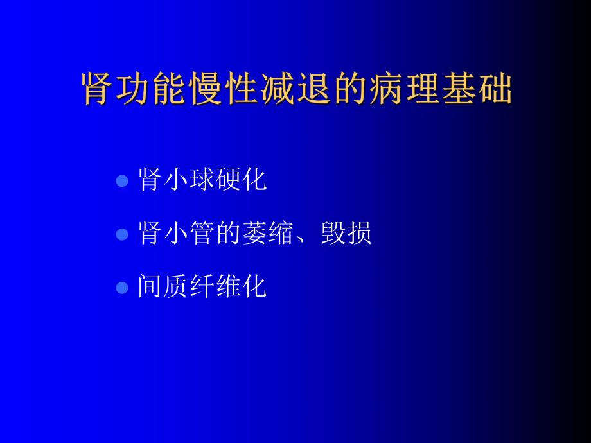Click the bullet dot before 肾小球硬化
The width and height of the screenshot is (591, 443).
click(122, 182)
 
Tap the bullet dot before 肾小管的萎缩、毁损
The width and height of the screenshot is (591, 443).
click(122, 235)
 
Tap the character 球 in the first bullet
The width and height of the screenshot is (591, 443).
click(203, 180)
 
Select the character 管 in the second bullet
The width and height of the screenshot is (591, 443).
click(203, 234)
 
